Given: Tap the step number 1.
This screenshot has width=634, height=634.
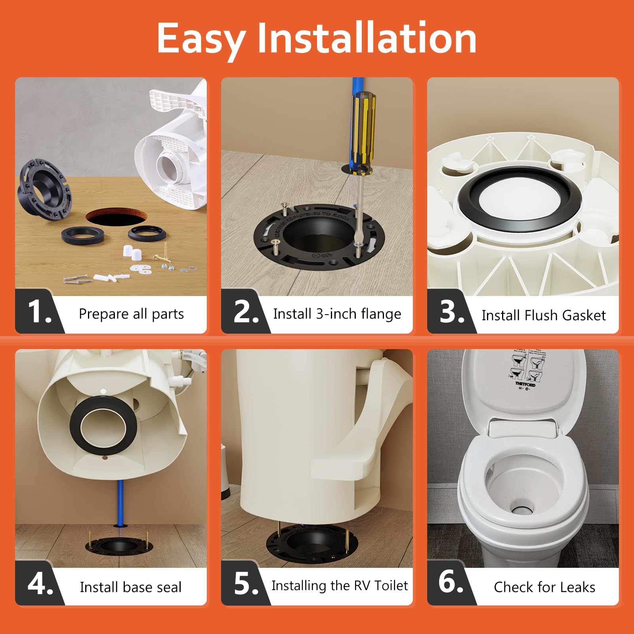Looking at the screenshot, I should (39, 312).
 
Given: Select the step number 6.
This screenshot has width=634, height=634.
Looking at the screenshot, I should (451, 582).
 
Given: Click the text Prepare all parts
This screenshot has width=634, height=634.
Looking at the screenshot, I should (131, 314).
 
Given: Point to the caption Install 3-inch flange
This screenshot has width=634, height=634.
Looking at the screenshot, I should (337, 314).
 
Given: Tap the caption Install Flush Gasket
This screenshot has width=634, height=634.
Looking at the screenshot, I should (543, 315).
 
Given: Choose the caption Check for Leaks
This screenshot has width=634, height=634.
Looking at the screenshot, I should (544, 587).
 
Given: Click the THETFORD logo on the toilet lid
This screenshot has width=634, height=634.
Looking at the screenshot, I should (525, 384).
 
